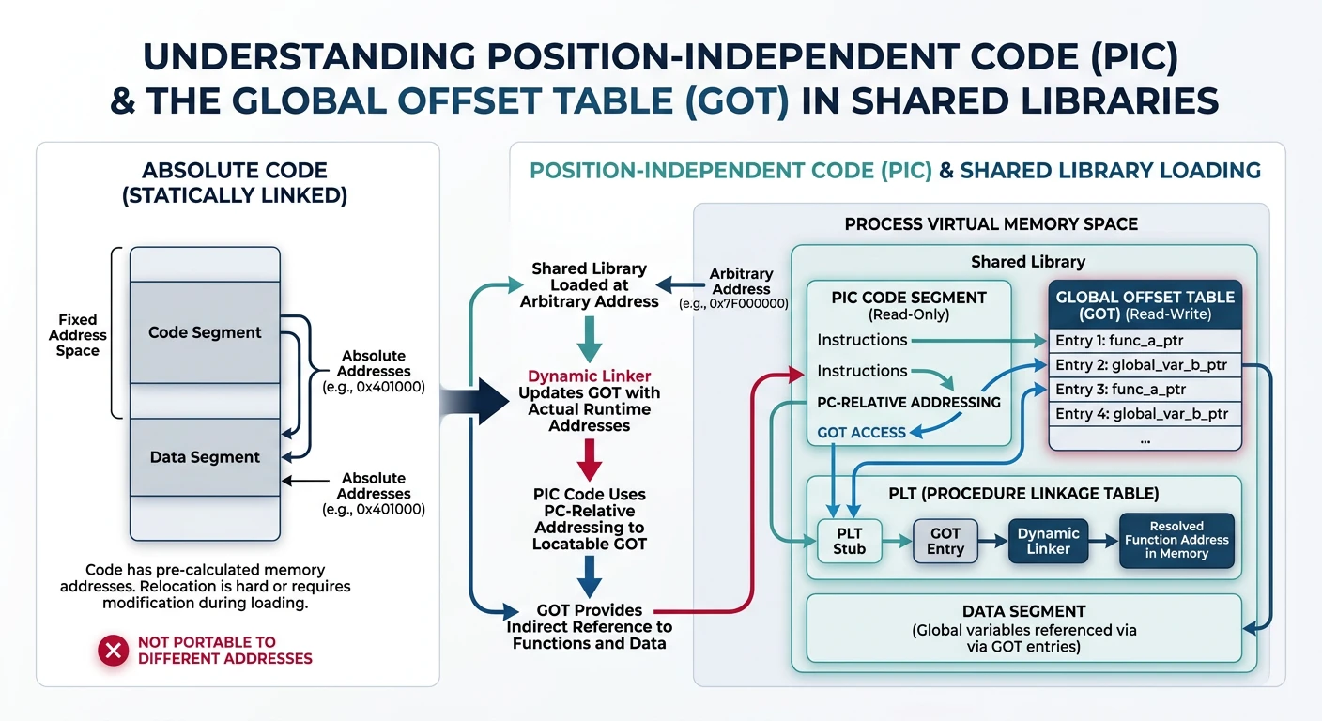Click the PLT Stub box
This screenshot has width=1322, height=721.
point(849,541)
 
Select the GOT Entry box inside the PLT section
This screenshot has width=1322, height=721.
point(945,541)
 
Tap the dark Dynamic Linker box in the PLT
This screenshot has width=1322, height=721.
point(1048,541)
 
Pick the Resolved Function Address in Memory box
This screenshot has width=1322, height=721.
point(1176,540)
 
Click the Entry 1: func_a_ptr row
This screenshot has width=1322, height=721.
point(1145,341)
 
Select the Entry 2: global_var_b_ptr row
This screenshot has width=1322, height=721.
point(1145,365)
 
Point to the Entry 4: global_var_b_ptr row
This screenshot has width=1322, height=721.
point(1145,414)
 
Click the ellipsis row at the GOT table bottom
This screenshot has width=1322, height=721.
point(1145,437)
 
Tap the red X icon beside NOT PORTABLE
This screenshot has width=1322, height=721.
point(114,650)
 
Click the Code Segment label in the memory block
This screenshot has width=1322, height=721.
point(205,332)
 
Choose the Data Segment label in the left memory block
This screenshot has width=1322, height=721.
point(205,457)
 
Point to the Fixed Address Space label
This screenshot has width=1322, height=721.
point(77,335)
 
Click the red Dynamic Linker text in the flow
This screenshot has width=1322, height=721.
point(589,376)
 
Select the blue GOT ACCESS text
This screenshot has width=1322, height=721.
point(861,433)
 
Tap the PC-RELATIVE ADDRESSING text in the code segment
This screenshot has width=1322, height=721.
point(908,402)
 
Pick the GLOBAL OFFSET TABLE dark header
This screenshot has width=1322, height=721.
point(1145,305)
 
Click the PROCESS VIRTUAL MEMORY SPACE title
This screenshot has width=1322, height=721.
point(991,224)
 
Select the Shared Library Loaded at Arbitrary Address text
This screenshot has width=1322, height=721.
point(589,284)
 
